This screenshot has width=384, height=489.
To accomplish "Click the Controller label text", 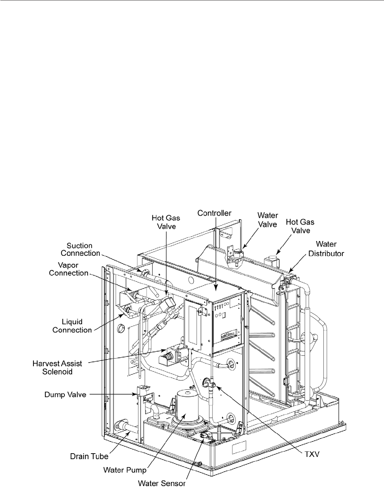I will (214, 213).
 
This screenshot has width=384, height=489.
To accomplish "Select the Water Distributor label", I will (326, 249).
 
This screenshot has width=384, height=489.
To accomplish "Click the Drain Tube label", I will (89, 456).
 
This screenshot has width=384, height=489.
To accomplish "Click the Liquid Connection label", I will (72, 325).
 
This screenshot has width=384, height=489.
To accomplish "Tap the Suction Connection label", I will (80, 249).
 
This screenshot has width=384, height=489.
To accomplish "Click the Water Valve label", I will (268, 219).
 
